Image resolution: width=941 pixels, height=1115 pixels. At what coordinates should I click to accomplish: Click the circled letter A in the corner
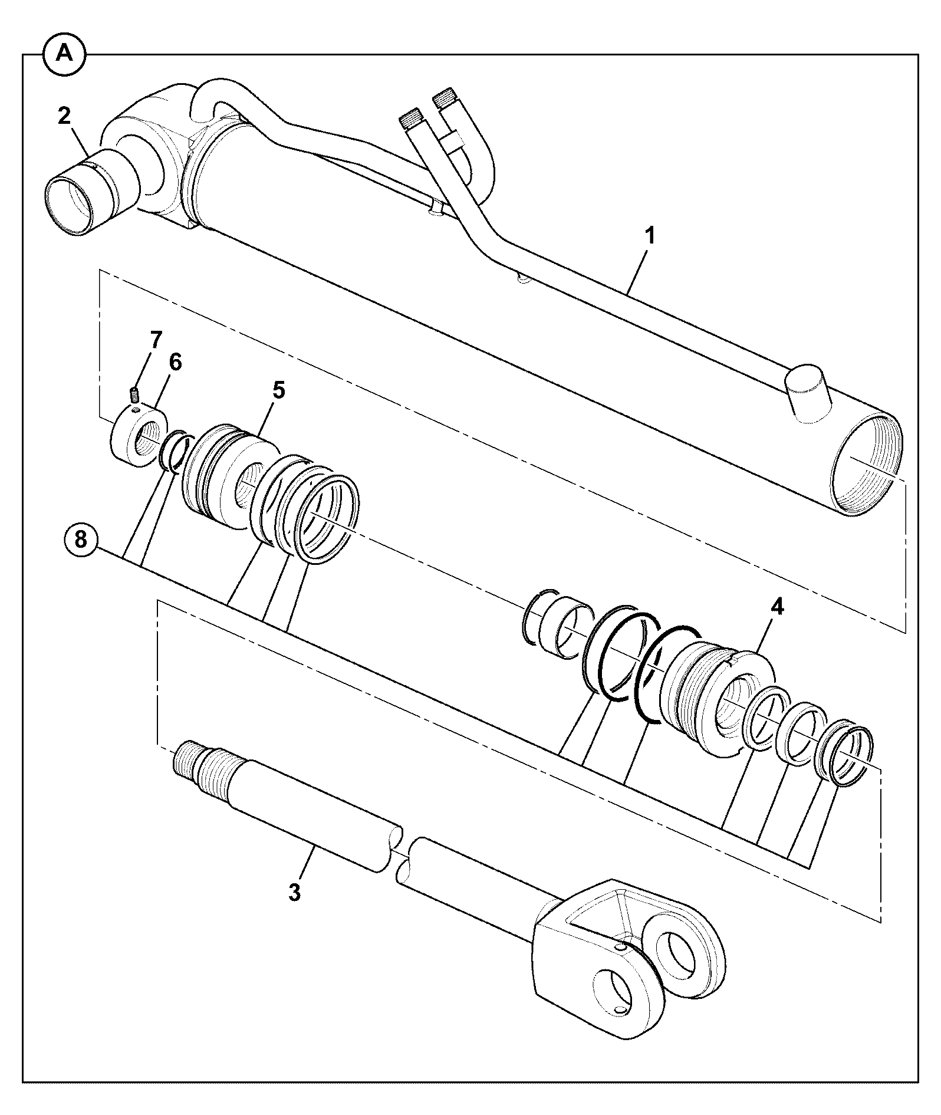click(64, 54)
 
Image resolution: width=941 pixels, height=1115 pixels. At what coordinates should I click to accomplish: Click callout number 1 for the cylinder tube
click(650, 237)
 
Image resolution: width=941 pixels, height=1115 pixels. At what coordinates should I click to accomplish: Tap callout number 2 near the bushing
click(64, 116)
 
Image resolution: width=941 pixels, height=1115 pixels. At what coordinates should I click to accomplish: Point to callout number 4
click(778, 608)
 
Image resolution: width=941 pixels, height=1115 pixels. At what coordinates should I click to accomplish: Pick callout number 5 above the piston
click(278, 390)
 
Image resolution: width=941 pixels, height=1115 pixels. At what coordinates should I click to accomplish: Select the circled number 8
click(80, 539)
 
